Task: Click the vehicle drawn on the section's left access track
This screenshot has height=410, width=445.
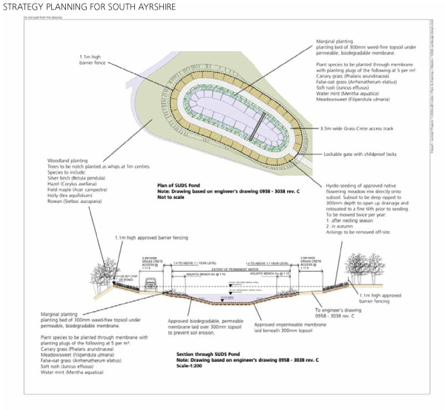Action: (x=148, y=281)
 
